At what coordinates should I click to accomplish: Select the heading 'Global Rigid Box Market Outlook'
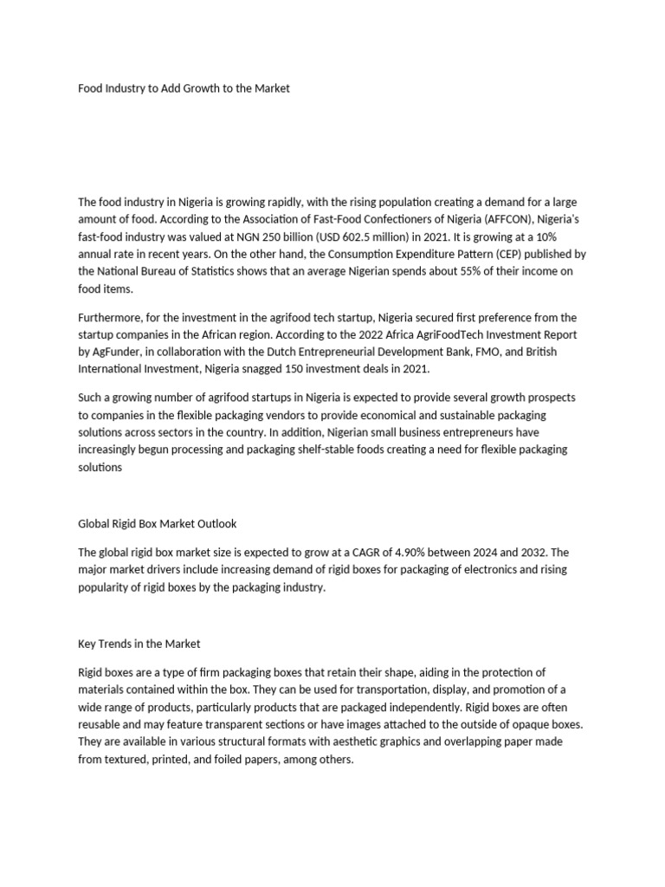(157, 524)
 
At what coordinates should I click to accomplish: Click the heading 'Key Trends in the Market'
(139, 644)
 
